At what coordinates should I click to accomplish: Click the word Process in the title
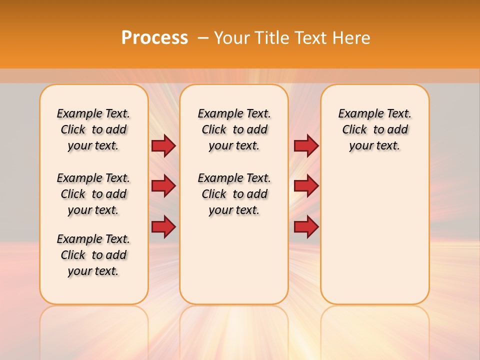[x=154, y=38]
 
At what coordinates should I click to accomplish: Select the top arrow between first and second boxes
[x=163, y=145]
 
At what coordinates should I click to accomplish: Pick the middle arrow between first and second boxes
[x=163, y=186]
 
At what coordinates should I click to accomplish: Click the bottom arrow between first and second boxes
[x=163, y=227]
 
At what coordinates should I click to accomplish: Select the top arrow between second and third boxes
[x=306, y=145]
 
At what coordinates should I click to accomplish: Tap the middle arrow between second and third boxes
[x=306, y=186]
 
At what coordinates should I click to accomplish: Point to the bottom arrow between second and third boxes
[x=306, y=227]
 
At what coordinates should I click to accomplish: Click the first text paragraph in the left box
[x=93, y=129]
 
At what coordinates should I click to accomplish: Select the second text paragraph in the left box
[x=93, y=194]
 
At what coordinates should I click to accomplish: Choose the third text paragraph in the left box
[x=93, y=255]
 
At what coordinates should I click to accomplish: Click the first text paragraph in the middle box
[x=234, y=129]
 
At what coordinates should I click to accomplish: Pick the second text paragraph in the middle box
[x=234, y=194]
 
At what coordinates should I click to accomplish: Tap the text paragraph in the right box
[x=374, y=129]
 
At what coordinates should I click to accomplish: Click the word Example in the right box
[x=357, y=114]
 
